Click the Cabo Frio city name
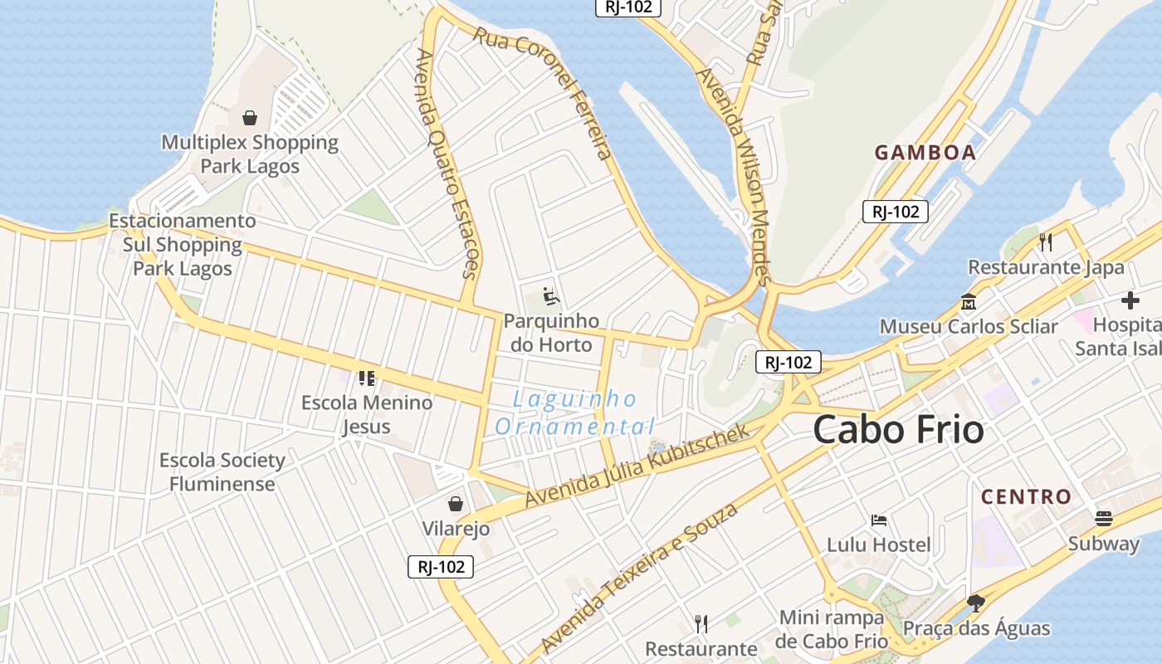(898, 430)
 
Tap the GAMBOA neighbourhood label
(925, 153)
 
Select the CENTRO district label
(1026, 497)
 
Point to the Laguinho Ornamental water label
(574, 413)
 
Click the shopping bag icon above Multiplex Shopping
(249, 119)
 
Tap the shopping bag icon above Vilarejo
(455, 504)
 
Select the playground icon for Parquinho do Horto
(549, 295)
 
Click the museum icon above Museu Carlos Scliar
(968, 301)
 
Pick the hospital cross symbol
(1130, 300)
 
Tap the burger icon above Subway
(1103, 519)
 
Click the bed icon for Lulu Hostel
(879, 520)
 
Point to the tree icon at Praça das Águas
(976, 603)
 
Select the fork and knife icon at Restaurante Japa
(1046, 242)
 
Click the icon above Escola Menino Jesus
(366, 378)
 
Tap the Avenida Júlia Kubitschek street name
(637, 466)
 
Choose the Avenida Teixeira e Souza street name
(638, 578)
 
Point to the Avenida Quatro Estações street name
(447, 163)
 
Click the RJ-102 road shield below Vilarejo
(441, 567)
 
